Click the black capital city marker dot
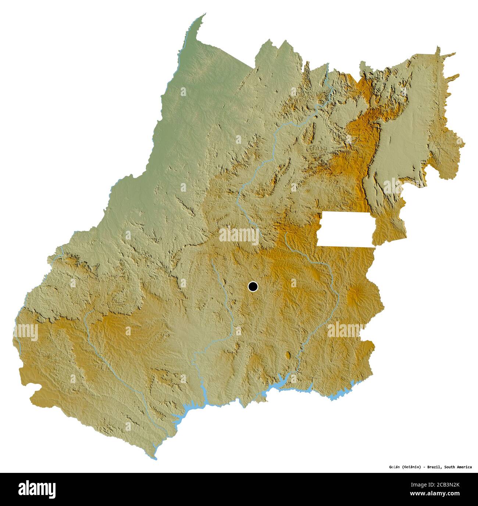point(253,286)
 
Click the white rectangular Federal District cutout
point(346,229)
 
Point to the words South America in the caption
point(458,467)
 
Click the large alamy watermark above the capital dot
point(239,235)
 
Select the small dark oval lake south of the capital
point(288,355)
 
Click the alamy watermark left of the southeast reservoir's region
point(346,329)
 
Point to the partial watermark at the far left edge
point(26,332)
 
